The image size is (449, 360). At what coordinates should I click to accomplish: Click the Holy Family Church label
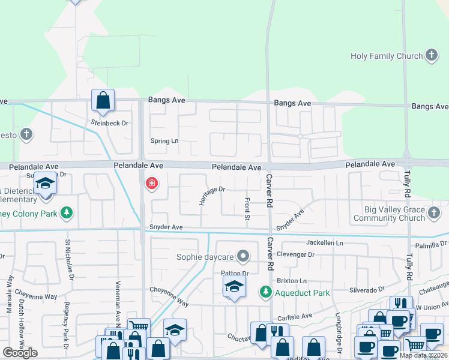(387, 56)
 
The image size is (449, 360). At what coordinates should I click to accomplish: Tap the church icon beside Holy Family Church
(431, 56)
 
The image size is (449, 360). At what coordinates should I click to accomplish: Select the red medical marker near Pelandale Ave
(151, 183)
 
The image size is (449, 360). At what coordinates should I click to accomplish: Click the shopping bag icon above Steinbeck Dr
(103, 100)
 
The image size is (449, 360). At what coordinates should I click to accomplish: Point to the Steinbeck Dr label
(110, 123)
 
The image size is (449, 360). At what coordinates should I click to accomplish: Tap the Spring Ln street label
(164, 141)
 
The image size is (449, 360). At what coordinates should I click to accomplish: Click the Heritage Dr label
(212, 195)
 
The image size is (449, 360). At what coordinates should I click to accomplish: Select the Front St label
(247, 208)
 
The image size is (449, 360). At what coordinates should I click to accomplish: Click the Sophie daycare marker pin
(243, 257)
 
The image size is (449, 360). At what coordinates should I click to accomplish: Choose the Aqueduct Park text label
(303, 293)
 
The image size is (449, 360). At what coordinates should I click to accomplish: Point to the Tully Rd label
(409, 185)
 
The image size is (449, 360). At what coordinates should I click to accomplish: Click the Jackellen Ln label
(324, 243)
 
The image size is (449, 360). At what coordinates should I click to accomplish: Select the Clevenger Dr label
(295, 254)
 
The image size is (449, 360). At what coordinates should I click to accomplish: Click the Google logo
(20, 353)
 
